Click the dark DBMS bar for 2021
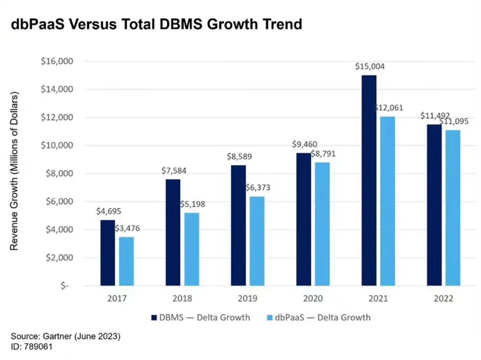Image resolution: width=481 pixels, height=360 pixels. pyautogui.click(x=369, y=180)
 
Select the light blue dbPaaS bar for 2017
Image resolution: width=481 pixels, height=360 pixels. pyautogui.click(x=126, y=261)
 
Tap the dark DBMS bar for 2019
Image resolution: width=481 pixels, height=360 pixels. pyautogui.click(x=238, y=225)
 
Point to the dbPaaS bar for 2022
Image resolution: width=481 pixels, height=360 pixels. pyautogui.click(x=453, y=208)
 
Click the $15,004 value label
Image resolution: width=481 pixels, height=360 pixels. pyautogui.click(x=370, y=67)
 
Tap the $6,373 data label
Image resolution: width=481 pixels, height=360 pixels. pyautogui.click(x=258, y=188)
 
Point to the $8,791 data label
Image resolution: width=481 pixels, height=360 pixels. pyautogui.click(x=323, y=154)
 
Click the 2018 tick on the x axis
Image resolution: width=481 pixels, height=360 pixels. pyautogui.click(x=183, y=299)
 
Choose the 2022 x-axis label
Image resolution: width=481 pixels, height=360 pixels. pyautogui.click(x=444, y=299)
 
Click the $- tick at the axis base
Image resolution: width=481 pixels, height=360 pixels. pyautogui.click(x=65, y=286)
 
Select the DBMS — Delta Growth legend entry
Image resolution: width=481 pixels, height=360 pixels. pyautogui.click(x=200, y=317)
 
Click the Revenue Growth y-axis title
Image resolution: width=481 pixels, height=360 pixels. pyautogui.click(x=14, y=171)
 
